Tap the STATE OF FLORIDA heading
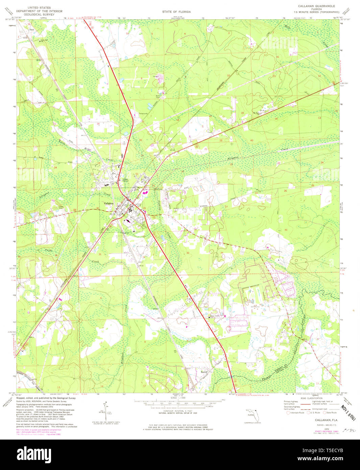pyautogui.click(x=176, y=12)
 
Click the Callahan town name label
pyautogui.click(x=109, y=203)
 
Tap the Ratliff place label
pyautogui.click(x=204, y=371)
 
